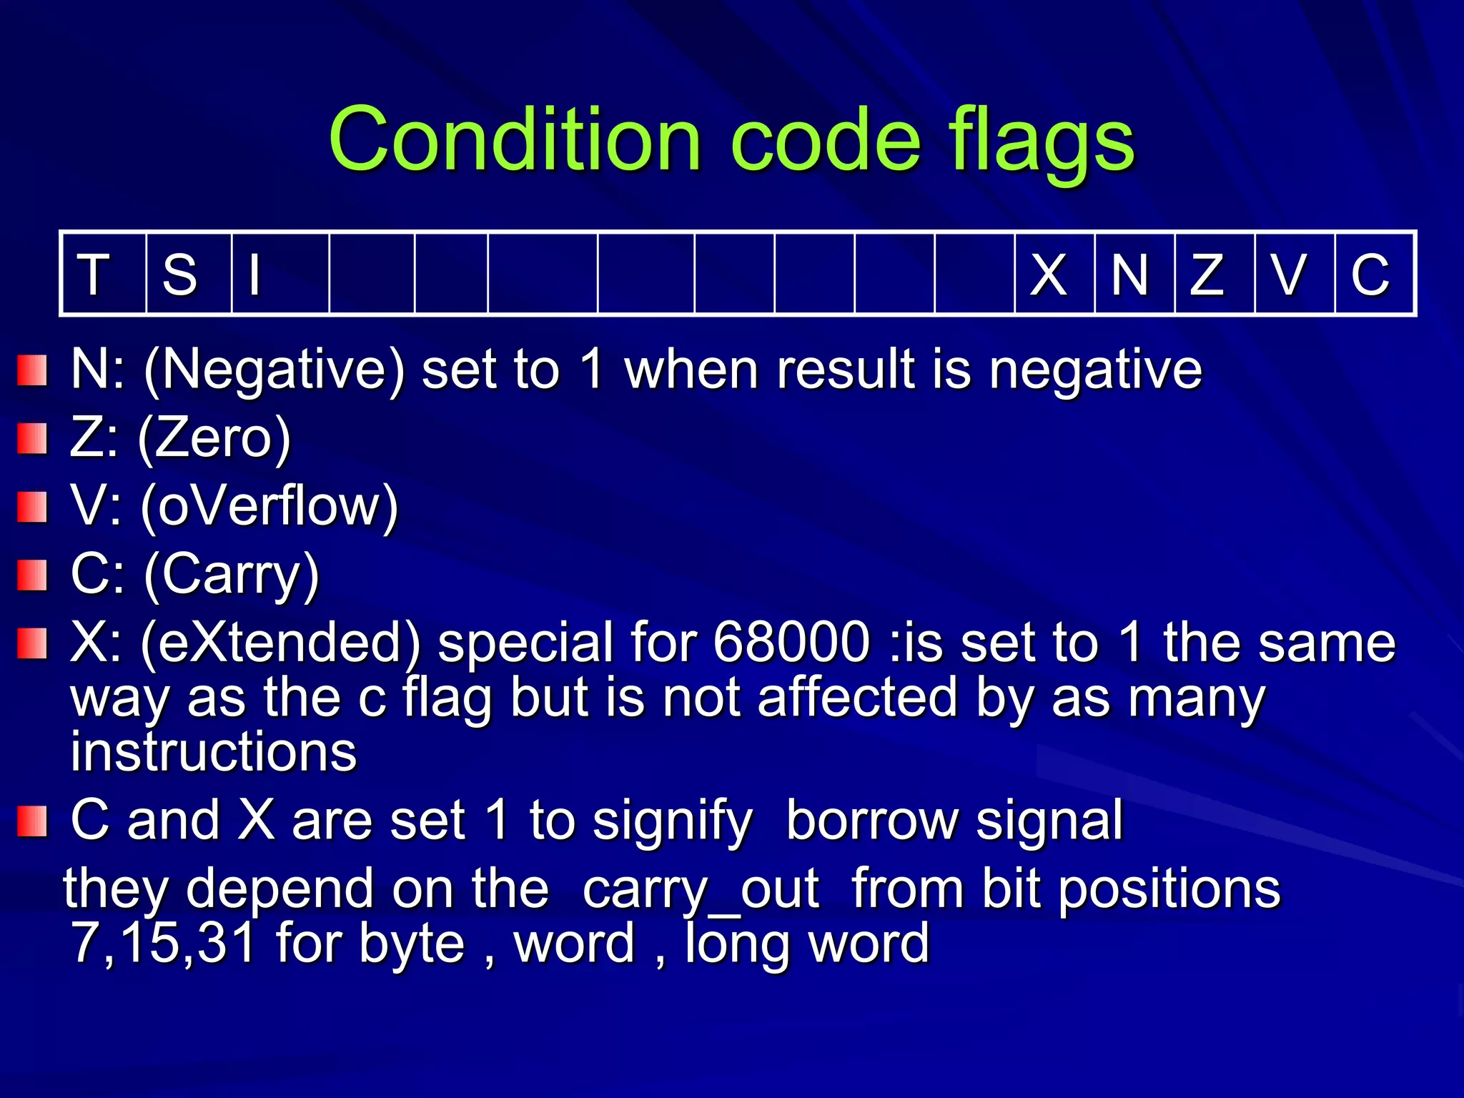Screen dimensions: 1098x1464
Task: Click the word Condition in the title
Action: pyautogui.click(x=515, y=139)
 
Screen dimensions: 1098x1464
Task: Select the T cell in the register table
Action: pyautogui.click(x=104, y=274)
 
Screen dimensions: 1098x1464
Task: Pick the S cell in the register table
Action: pyautogui.click(x=188, y=274)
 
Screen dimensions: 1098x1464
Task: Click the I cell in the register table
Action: pyautogui.click(x=280, y=274)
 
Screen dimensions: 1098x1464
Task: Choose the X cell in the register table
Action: pyautogui.click(x=1054, y=274)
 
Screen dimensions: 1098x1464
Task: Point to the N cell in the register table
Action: pyautogui.click(x=1134, y=274)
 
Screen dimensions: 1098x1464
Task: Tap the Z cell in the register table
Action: pyautogui.click(x=1215, y=274)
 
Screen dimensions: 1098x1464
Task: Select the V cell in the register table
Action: pyautogui.click(x=1295, y=274)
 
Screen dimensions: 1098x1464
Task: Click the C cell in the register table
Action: pyautogui.click(x=1374, y=274)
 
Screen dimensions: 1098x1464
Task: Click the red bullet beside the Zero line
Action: pyautogui.click(x=32, y=438)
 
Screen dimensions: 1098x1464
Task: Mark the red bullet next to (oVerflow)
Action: pyautogui.click(x=32, y=507)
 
